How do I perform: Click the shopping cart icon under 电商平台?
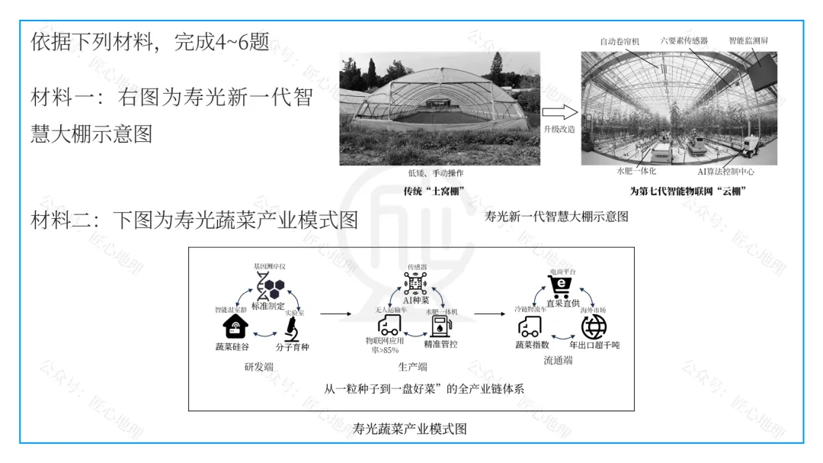pos(562,288)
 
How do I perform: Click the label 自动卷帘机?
pos(620,40)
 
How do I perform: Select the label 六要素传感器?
pos(684,40)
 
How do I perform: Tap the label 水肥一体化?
pos(636,172)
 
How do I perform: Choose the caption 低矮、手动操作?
pos(434,173)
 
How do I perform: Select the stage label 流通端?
pos(558,360)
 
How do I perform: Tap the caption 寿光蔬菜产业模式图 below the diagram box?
pos(410,429)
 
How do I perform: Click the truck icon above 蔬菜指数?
pos(530,327)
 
